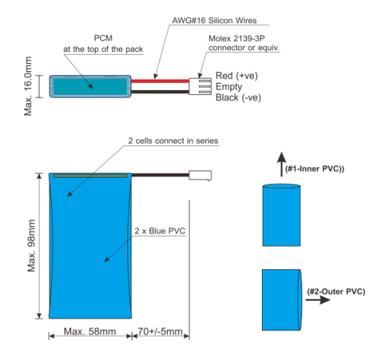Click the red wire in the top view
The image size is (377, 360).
coord(160,81)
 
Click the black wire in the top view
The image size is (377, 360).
coord(160,91)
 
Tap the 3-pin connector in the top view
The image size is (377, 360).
coord(200,86)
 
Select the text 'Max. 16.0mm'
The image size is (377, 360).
coord(28,86)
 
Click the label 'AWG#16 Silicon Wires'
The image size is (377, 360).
coord(214,20)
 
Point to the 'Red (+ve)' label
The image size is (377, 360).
coord(237,76)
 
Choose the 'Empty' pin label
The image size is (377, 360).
coord(229,87)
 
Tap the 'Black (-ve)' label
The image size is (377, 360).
coord(238,98)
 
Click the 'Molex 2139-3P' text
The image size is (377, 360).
coord(237,38)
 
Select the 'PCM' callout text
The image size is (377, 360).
coord(103,38)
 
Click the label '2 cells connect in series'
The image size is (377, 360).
coord(173,141)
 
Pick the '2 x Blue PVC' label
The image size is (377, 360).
coord(160,231)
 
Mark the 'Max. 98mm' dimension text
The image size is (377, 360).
coord(31,246)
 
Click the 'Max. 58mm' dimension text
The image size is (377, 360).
coord(90,332)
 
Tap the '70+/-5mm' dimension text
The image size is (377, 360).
coord(160,332)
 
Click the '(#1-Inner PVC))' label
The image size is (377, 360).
coord(314,168)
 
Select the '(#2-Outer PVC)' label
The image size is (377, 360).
coord(336,292)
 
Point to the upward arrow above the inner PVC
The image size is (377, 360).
coord(281,164)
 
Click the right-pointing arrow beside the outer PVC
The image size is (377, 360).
coord(318,300)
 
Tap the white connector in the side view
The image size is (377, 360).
coord(200,176)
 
